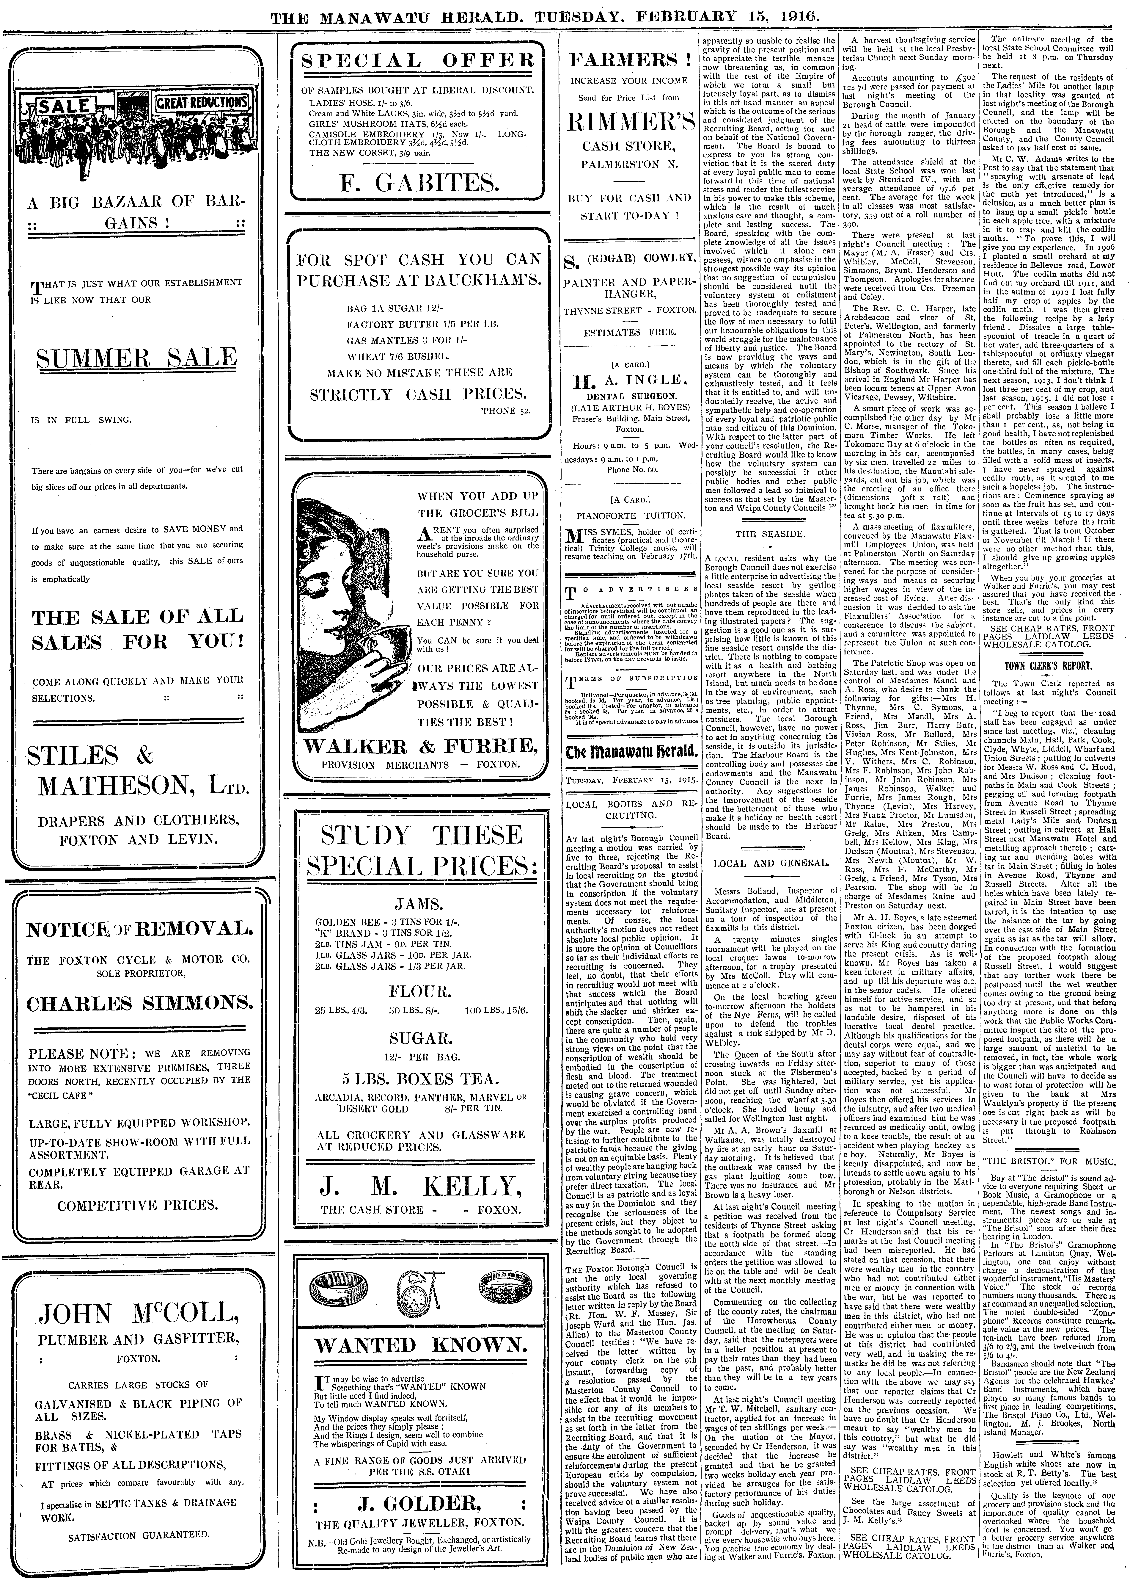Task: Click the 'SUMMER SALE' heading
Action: pos(136,358)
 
